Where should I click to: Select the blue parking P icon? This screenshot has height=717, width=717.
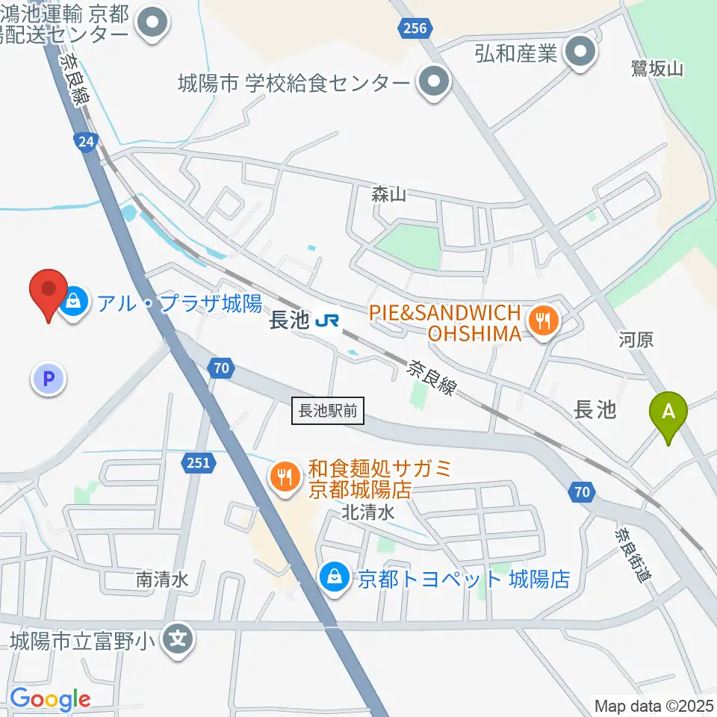pos(49,379)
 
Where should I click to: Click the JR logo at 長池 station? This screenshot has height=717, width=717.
pos(328,321)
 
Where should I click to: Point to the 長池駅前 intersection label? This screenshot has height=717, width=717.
pos(329,411)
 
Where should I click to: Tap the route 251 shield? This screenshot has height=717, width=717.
pos(199,463)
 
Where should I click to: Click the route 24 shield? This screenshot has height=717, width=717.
pos(86,141)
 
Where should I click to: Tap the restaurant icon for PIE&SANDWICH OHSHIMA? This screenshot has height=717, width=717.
pos(542,322)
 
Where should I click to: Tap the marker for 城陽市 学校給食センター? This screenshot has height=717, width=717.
pos(432,82)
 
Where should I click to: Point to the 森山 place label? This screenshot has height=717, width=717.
pos(388,195)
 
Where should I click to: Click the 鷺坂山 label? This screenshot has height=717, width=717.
pos(657,69)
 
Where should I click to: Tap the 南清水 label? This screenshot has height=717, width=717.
pos(161,579)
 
